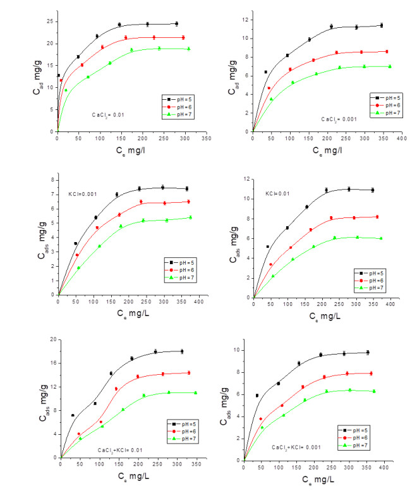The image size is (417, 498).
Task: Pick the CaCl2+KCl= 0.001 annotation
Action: tap(298, 447)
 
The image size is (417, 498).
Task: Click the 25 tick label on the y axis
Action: tap(49, 21)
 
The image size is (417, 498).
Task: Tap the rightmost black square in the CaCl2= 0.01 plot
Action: tap(176, 23)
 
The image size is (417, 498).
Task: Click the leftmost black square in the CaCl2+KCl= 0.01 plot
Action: tap(73, 415)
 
